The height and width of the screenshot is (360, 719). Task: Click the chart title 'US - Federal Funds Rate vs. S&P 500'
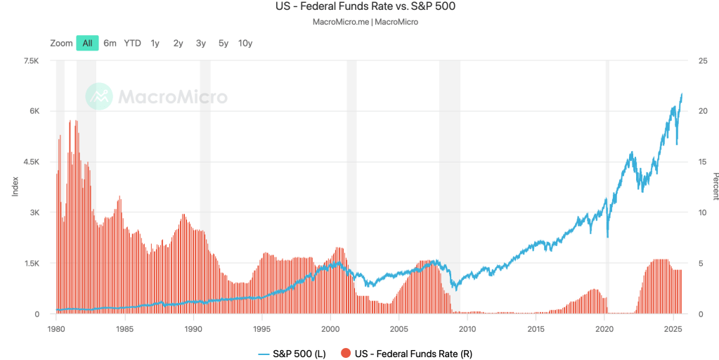pyautogui.click(x=359, y=7)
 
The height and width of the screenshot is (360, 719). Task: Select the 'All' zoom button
pyautogui.click(x=87, y=43)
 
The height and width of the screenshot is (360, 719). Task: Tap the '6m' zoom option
pyautogui.click(x=110, y=43)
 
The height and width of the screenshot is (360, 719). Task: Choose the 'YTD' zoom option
pyautogui.click(x=132, y=43)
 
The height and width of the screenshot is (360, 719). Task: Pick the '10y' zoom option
pyautogui.click(x=245, y=43)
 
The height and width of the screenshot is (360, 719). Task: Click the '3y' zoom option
pyautogui.click(x=200, y=43)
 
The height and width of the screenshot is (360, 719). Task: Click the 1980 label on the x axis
pyautogui.click(x=56, y=328)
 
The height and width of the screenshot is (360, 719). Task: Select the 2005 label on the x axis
pyautogui.click(x=399, y=328)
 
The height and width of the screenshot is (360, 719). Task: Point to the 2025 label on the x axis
pyautogui.click(x=673, y=328)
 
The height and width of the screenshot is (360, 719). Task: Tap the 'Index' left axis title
pyautogui.click(x=15, y=186)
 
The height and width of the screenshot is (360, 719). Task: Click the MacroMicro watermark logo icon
pyautogui.click(x=99, y=96)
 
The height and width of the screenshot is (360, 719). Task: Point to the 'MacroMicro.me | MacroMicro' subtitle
pyautogui.click(x=359, y=22)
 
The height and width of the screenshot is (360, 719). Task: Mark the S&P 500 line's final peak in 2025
pyautogui.click(x=682, y=94)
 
